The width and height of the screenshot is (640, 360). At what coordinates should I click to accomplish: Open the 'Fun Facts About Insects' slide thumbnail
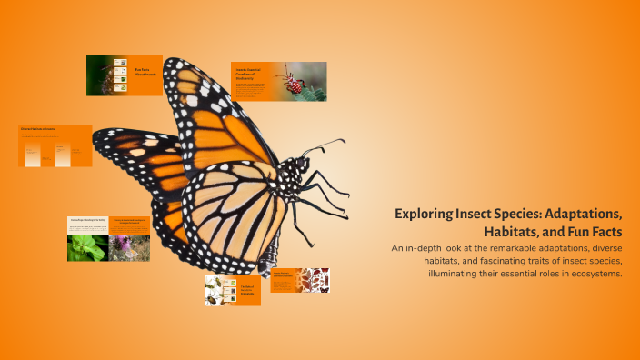click(x=124, y=75)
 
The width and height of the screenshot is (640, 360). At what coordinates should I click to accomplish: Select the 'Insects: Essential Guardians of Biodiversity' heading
click(x=251, y=73)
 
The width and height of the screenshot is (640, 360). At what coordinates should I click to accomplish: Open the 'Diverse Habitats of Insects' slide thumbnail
click(x=55, y=145)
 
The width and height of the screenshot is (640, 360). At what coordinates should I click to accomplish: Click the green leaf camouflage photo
click(x=86, y=247)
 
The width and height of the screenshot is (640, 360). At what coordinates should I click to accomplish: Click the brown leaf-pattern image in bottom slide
click(x=314, y=279)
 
